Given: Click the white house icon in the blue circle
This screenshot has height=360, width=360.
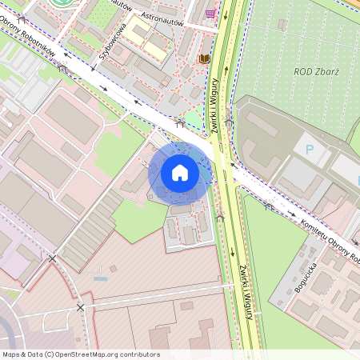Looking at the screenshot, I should tap(180, 173).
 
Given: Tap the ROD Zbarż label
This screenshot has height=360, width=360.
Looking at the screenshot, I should tap(316, 72).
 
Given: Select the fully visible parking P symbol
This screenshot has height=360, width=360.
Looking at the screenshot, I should tap(308, 149).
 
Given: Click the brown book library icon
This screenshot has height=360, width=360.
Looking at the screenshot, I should tap(204, 58).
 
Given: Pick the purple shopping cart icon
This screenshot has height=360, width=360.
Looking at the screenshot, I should tap(210, 14).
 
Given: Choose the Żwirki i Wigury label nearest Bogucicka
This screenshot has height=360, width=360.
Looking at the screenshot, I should tap(246, 292).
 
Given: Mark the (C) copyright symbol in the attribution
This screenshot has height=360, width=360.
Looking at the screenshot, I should tap(50, 354).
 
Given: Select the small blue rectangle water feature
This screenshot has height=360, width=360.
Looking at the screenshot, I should tap(100, 278).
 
